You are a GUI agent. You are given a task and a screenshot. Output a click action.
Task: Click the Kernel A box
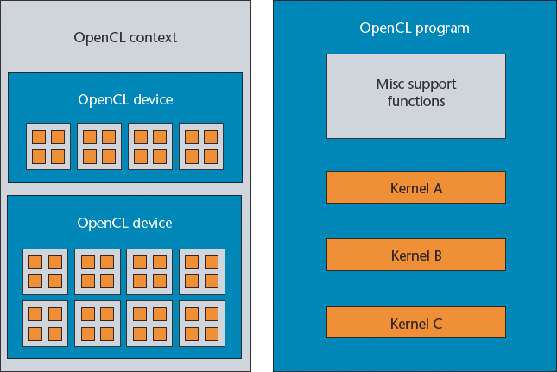pos(415,186)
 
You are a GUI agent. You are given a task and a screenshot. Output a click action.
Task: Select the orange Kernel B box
pos(415,255)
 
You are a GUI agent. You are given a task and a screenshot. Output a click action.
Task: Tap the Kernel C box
pos(415,323)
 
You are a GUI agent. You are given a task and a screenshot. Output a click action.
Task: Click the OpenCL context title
pos(124,38)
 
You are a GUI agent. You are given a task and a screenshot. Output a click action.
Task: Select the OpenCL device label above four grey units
pos(124,99)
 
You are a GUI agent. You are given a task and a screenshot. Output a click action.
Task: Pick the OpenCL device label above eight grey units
pos(124,223)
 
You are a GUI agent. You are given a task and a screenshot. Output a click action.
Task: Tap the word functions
pos(415,101)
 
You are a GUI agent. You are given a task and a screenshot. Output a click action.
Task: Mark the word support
pos(432,85)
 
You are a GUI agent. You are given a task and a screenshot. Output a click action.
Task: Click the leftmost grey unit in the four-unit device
pos(48,147)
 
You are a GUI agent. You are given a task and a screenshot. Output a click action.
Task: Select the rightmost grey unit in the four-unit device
pos(201,147)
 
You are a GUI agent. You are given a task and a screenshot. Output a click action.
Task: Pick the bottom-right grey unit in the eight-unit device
pos(202,323)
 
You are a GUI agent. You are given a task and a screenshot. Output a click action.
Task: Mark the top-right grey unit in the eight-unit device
pos(202,271)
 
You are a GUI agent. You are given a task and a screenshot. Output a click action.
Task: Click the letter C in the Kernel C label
pos(437,324)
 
